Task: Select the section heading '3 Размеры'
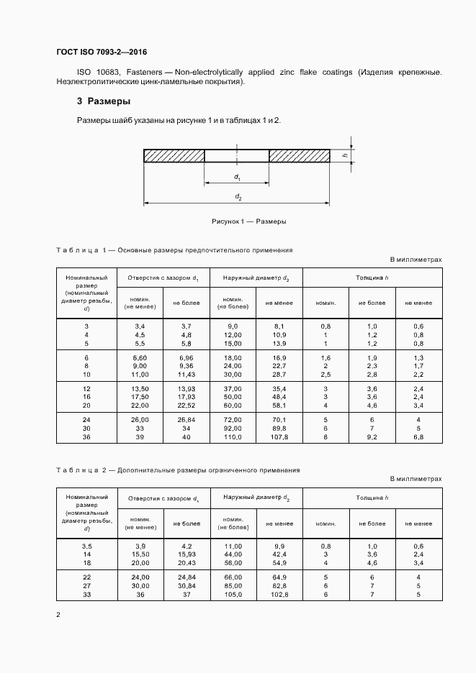point(104,101)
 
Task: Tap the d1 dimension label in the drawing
point(237,177)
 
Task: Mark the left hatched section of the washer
point(174,155)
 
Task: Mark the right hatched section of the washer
point(300,155)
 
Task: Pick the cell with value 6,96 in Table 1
point(185,357)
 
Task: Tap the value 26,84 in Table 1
point(185,419)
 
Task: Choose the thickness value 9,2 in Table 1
point(372,436)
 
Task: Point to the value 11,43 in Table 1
point(185,375)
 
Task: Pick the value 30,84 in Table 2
point(185,586)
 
